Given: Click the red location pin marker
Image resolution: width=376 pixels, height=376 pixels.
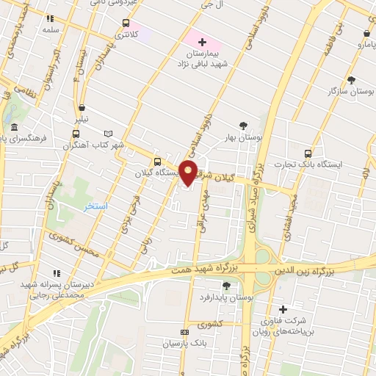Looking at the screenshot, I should coord(189,173).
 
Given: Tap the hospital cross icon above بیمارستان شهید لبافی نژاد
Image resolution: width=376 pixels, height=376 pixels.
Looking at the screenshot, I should coord(203,42).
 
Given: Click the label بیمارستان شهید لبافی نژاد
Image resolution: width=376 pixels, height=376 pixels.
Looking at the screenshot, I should coord(201,59).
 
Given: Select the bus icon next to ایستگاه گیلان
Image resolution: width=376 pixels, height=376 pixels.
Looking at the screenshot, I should coord(156,162).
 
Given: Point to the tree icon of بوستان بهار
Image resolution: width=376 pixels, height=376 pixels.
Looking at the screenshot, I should coord(244,126).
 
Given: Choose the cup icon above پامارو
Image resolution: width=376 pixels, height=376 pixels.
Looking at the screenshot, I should coord(366,33).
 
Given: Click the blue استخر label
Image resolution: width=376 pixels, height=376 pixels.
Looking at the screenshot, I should coord(96,206).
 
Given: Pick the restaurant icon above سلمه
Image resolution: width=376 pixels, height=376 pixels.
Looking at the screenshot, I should coord(50,19).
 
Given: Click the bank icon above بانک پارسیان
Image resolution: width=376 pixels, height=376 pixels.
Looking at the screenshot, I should coord(184,332).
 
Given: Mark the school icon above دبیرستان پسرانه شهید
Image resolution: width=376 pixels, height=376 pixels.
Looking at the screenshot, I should coord(57,273).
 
